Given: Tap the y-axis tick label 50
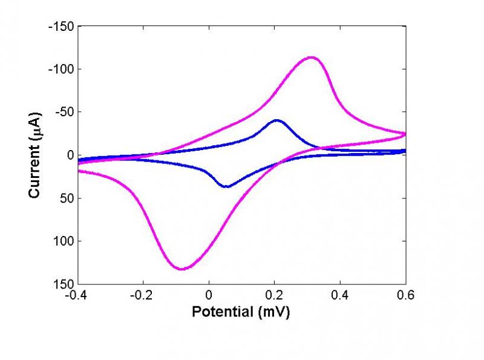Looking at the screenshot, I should tap(68, 198).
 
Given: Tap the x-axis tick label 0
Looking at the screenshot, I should tap(209, 296).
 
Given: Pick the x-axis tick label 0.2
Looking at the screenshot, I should tap(275, 296).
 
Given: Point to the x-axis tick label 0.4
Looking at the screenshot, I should tap(340, 296).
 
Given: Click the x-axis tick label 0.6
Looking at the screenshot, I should tap(405, 296).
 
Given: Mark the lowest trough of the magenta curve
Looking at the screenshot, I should tap(181, 269).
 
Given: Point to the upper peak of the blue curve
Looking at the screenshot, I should tap(277, 120).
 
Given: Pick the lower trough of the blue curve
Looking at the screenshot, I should tap(226, 186).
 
